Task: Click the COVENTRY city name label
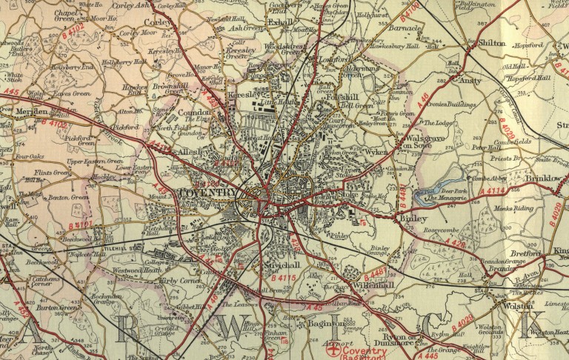pos(209,193)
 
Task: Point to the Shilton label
pos(492,44)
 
